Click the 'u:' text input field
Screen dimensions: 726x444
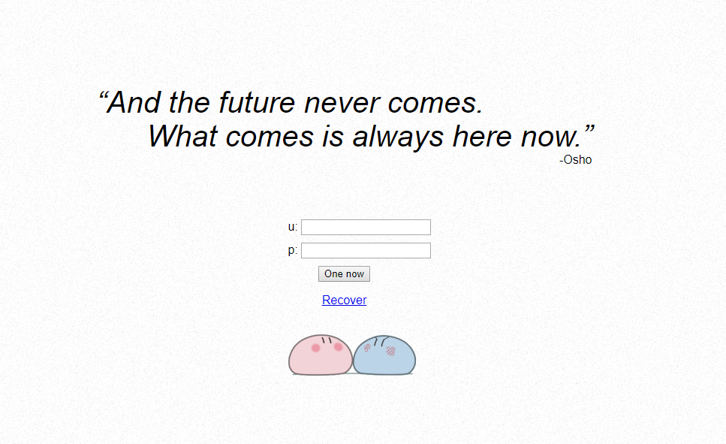(x=366, y=227)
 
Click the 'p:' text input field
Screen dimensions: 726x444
(x=366, y=250)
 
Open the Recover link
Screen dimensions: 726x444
(x=344, y=300)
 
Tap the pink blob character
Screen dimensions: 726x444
(x=321, y=355)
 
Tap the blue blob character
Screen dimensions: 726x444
(x=384, y=355)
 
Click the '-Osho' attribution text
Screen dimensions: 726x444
(x=576, y=159)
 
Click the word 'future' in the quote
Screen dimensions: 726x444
(x=257, y=102)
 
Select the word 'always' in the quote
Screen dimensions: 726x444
(x=398, y=137)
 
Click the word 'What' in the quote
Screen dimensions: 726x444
(x=182, y=136)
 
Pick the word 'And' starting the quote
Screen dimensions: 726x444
(x=134, y=102)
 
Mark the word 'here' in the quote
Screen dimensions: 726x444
(x=481, y=136)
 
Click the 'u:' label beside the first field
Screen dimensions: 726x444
(x=293, y=227)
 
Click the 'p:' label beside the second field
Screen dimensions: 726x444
(x=293, y=250)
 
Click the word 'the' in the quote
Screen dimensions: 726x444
(x=189, y=102)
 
